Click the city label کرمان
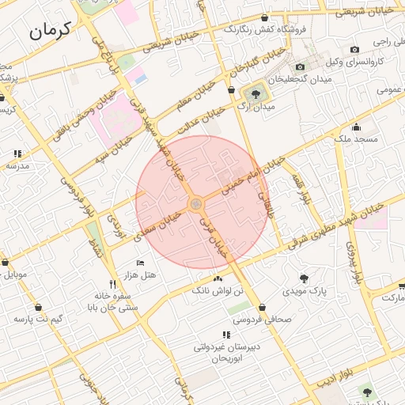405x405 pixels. (51, 31)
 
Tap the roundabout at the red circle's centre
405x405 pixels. (195, 205)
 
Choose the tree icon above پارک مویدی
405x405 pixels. (304, 278)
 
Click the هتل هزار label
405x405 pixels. (139, 274)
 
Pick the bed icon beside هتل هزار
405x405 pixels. (141, 263)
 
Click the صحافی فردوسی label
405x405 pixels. (262, 320)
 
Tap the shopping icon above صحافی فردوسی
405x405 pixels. (262, 308)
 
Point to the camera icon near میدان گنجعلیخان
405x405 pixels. (300, 67)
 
